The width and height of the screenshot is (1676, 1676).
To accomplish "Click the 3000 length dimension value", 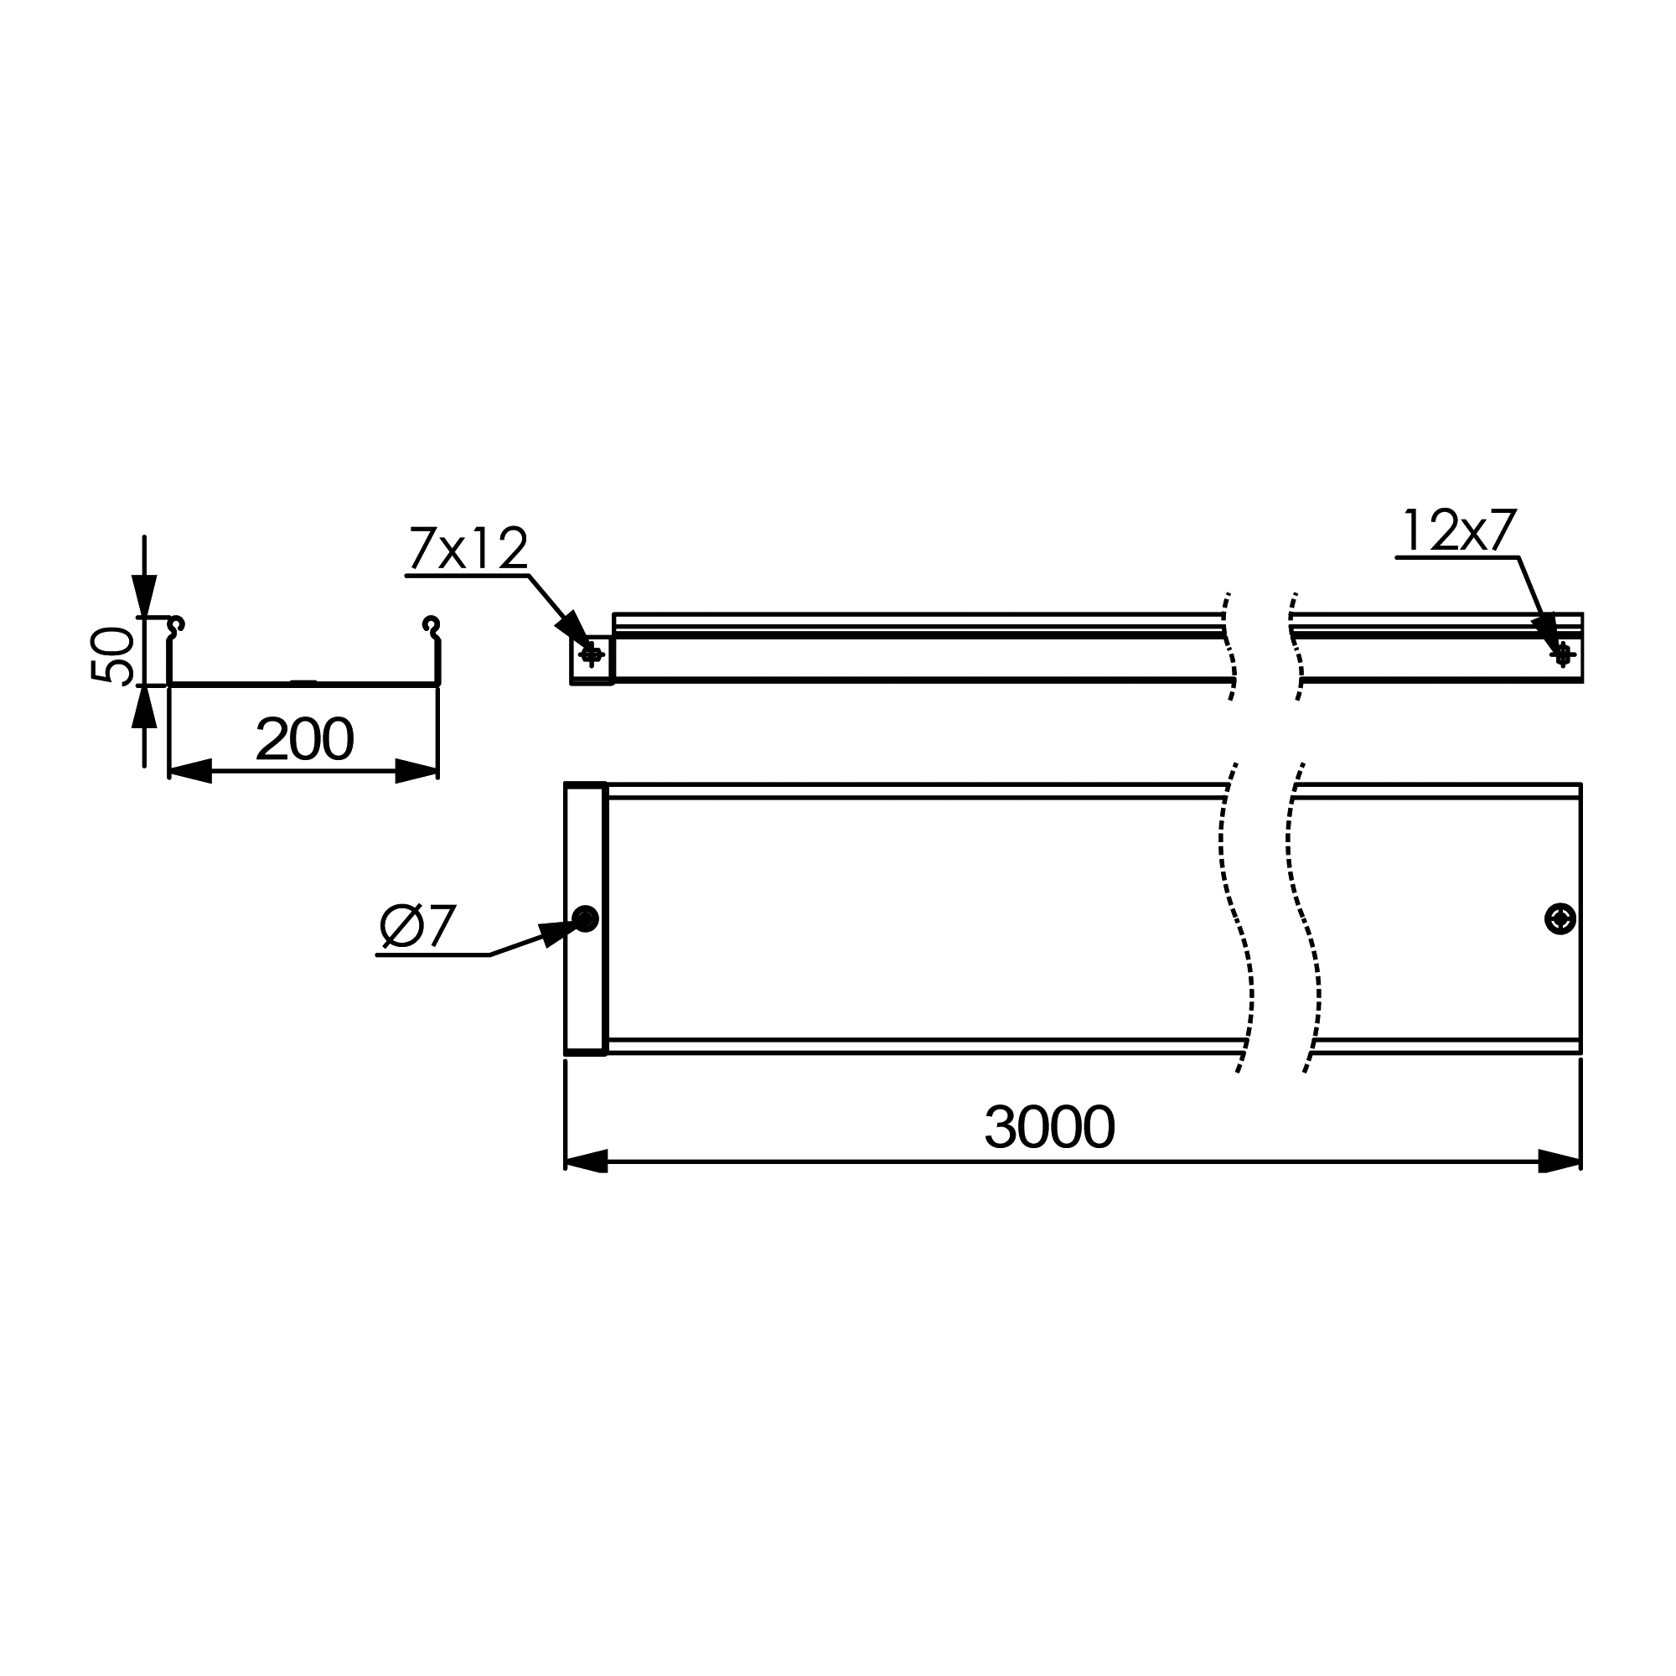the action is point(1050,1127).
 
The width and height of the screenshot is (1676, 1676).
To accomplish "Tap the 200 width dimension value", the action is point(304,739).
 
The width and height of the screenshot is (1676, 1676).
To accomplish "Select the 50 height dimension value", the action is point(113,655).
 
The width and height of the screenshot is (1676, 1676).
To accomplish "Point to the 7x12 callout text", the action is point(468,548).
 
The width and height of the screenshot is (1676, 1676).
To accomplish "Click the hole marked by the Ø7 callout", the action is point(586,918).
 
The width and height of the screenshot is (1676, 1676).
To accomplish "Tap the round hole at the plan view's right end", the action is point(1560,918).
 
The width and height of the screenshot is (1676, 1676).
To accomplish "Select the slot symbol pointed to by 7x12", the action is point(592,655).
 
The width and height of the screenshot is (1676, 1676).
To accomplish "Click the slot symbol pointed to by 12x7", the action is point(1562,655).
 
